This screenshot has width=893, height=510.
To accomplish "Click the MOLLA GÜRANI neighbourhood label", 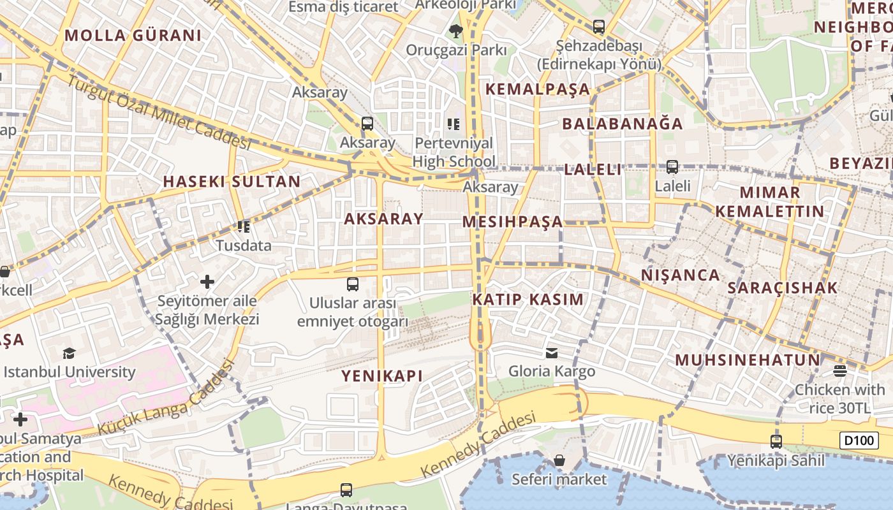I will pos(133,36).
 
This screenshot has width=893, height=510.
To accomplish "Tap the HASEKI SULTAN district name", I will pos(232,182).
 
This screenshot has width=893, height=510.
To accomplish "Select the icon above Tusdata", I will pos(243,226).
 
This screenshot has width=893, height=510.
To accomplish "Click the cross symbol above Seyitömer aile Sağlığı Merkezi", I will pos(207,281).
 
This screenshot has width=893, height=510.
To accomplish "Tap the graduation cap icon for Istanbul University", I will pos(69,353).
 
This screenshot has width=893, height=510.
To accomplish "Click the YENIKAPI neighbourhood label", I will pos(381,376).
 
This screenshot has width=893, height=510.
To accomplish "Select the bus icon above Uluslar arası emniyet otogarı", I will pos(352,284).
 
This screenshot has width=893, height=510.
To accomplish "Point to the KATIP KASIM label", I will pos(528,300).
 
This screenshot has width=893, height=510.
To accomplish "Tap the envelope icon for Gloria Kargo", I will pos(552,353).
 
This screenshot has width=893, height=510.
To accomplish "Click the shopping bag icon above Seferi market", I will pos(559,460).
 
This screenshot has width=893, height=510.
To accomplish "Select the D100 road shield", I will pos(859,440).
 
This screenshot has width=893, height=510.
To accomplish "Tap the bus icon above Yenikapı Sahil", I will pos(776,441).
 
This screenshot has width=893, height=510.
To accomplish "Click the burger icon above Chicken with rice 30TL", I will pos(839,371).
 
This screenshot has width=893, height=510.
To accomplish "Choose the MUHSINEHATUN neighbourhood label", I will pos(748,360).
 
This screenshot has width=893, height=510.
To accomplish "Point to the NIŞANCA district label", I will pos(680,275).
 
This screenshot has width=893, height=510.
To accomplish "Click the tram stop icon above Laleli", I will pos(672,167).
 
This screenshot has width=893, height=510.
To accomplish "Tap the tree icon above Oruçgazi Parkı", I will pos(455,30).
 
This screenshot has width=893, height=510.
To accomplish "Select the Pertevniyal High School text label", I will pos(454,152).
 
